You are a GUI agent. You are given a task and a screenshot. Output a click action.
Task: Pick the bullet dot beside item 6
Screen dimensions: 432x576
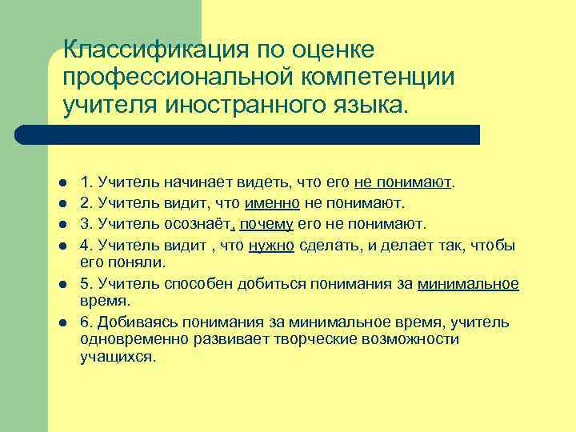(x=62, y=323)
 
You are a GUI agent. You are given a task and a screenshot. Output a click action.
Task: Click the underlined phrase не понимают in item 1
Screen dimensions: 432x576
(x=403, y=182)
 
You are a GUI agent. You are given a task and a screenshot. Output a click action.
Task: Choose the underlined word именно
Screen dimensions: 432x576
(x=273, y=202)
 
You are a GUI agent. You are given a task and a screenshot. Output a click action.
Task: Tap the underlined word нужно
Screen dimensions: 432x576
(x=271, y=244)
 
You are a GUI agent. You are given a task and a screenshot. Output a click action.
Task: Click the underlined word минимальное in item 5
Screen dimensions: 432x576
(x=468, y=283)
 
